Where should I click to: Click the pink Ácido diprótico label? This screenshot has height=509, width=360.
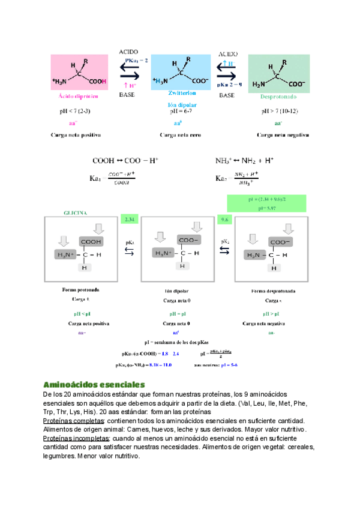click(x=79, y=96)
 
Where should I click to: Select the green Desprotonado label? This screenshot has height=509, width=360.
click(x=278, y=96)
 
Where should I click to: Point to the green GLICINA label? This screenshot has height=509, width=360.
click(x=76, y=212)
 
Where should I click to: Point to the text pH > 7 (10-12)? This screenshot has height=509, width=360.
click(x=280, y=111)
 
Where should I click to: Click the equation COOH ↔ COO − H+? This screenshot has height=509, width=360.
click(x=125, y=161)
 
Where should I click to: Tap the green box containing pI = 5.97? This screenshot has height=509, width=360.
click(x=267, y=203)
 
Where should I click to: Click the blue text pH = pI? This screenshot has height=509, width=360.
click(x=176, y=314)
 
